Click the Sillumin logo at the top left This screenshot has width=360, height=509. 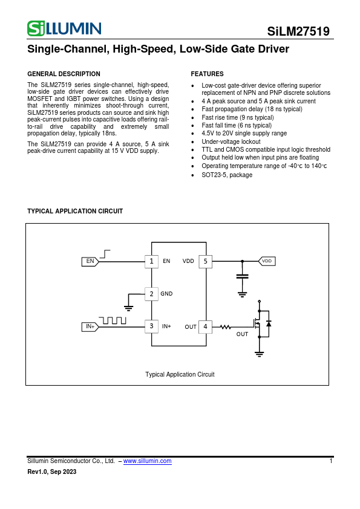click(x=64, y=28)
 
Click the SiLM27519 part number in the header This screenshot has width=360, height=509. click(x=298, y=32)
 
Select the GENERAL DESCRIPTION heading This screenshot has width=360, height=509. click(x=64, y=74)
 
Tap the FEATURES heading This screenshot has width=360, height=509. click(x=207, y=74)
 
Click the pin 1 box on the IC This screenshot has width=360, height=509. click(x=151, y=261)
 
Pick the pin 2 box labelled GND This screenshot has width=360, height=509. click(x=151, y=294)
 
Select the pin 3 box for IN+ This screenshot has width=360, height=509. click(x=151, y=326)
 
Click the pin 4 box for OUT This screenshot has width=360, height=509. click(x=205, y=326)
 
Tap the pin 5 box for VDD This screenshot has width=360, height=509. click(x=205, y=261)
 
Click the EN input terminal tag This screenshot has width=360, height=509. click(x=90, y=261)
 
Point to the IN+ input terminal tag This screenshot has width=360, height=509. click(x=90, y=326)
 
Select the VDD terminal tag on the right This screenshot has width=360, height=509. click(x=267, y=261)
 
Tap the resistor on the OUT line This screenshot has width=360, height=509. click(x=226, y=326)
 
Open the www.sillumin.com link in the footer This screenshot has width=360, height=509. click(x=148, y=461)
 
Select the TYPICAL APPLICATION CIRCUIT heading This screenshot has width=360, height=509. click(x=75, y=212)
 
